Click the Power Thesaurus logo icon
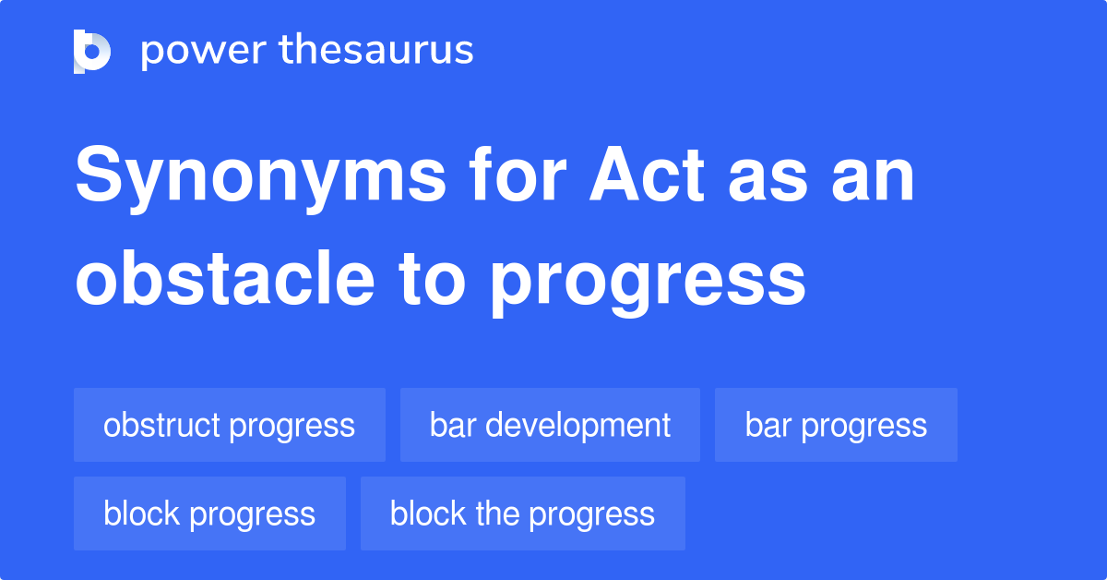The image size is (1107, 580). click(92, 51)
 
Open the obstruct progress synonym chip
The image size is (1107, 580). click(229, 425)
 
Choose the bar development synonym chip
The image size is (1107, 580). click(550, 425)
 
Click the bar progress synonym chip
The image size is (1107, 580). click(836, 425)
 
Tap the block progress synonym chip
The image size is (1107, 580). click(209, 514)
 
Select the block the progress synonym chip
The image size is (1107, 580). click(522, 514)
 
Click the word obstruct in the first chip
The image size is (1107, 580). click(162, 425)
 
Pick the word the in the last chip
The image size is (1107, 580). click(497, 514)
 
